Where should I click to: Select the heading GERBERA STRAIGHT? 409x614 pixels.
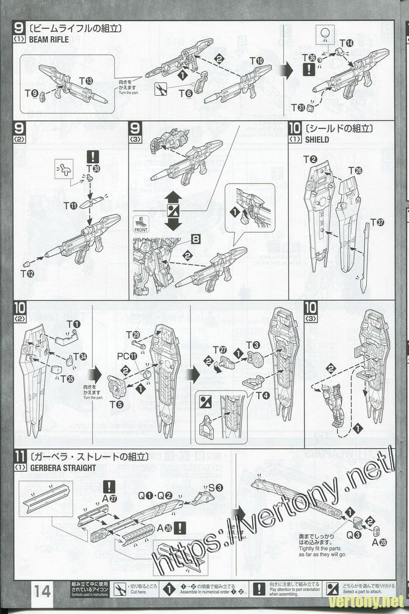55,467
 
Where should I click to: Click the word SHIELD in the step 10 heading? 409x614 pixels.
317,139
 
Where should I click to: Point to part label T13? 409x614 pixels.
86,81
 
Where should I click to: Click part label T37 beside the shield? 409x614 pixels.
377,223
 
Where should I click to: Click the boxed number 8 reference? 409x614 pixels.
197,238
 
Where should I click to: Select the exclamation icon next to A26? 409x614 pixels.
179,528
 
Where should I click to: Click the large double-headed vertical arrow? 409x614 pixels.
174,210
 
